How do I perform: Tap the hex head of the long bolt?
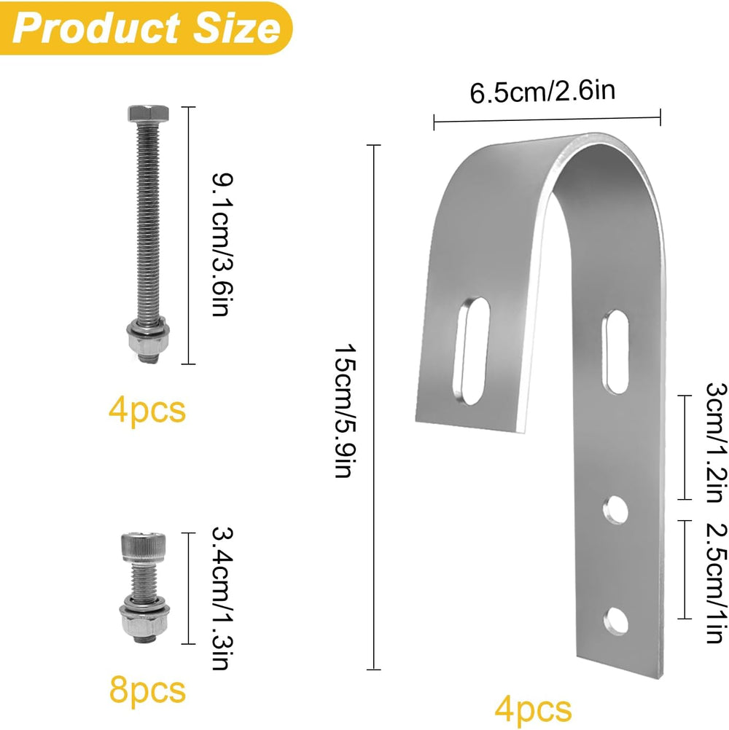coord(148,114)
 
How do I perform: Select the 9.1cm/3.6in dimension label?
coord(222,245)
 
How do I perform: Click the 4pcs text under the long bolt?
coord(147,410)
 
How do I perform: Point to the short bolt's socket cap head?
coord(144,547)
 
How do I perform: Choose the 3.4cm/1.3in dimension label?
coord(222,598)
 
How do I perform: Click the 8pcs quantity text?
coord(148,690)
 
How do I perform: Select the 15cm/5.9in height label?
coord(345,411)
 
